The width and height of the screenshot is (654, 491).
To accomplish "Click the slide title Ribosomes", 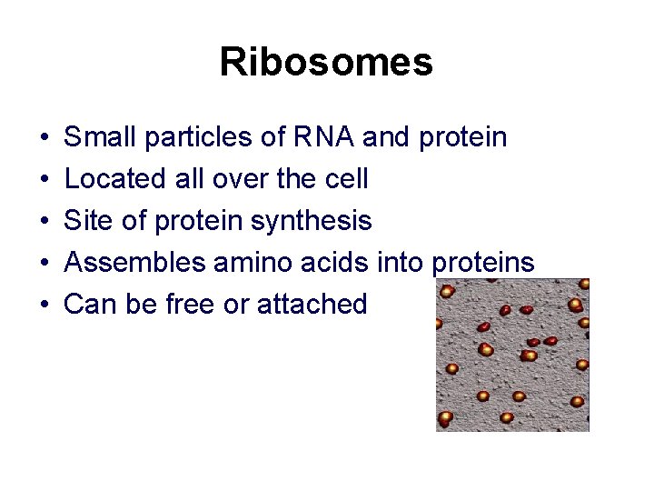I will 326,63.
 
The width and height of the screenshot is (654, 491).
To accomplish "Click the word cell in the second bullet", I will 346,179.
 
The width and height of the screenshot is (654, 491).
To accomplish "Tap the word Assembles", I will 135,263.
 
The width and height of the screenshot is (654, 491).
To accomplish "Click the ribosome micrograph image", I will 512,355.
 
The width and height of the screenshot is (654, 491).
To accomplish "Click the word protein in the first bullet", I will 463,138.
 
